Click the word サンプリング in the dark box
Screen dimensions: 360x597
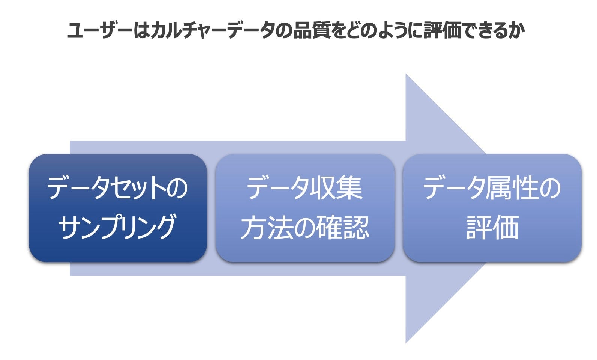point(117,227)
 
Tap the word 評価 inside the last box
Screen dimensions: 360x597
point(492,227)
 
